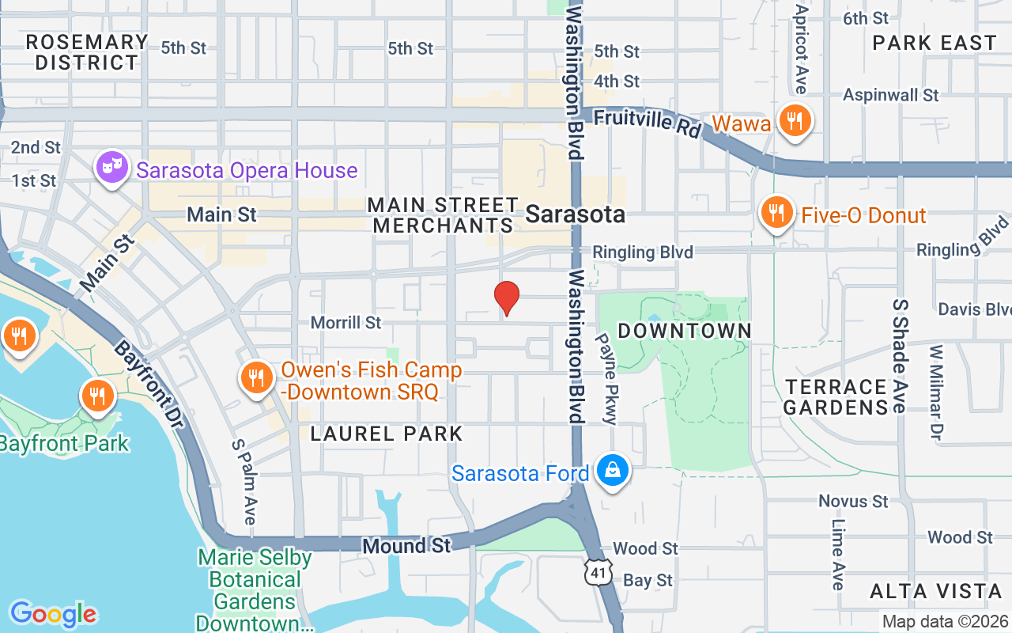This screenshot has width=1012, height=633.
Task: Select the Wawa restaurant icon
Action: (x=792, y=121)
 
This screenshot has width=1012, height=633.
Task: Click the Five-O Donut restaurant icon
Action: (x=777, y=212)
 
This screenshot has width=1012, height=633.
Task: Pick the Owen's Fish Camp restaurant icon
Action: (x=255, y=377)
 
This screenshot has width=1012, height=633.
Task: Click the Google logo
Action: (x=53, y=613)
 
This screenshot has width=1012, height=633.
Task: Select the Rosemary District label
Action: (x=86, y=52)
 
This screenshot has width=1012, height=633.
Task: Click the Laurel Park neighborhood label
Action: (x=386, y=434)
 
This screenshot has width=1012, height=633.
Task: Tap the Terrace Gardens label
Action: (x=836, y=397)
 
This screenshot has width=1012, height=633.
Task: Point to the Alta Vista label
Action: (x=935, y=591)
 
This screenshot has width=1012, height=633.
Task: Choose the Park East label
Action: (x=935, y=43)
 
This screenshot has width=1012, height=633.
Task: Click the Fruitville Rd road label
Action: (x=648, y=122)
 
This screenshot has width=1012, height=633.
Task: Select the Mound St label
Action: (x=406, y=545)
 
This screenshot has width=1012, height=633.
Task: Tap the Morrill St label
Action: (x=346, y=323)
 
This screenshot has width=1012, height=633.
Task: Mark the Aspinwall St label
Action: (x=890, y=95)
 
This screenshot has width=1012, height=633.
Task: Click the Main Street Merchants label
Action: (x=442, y=215)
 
